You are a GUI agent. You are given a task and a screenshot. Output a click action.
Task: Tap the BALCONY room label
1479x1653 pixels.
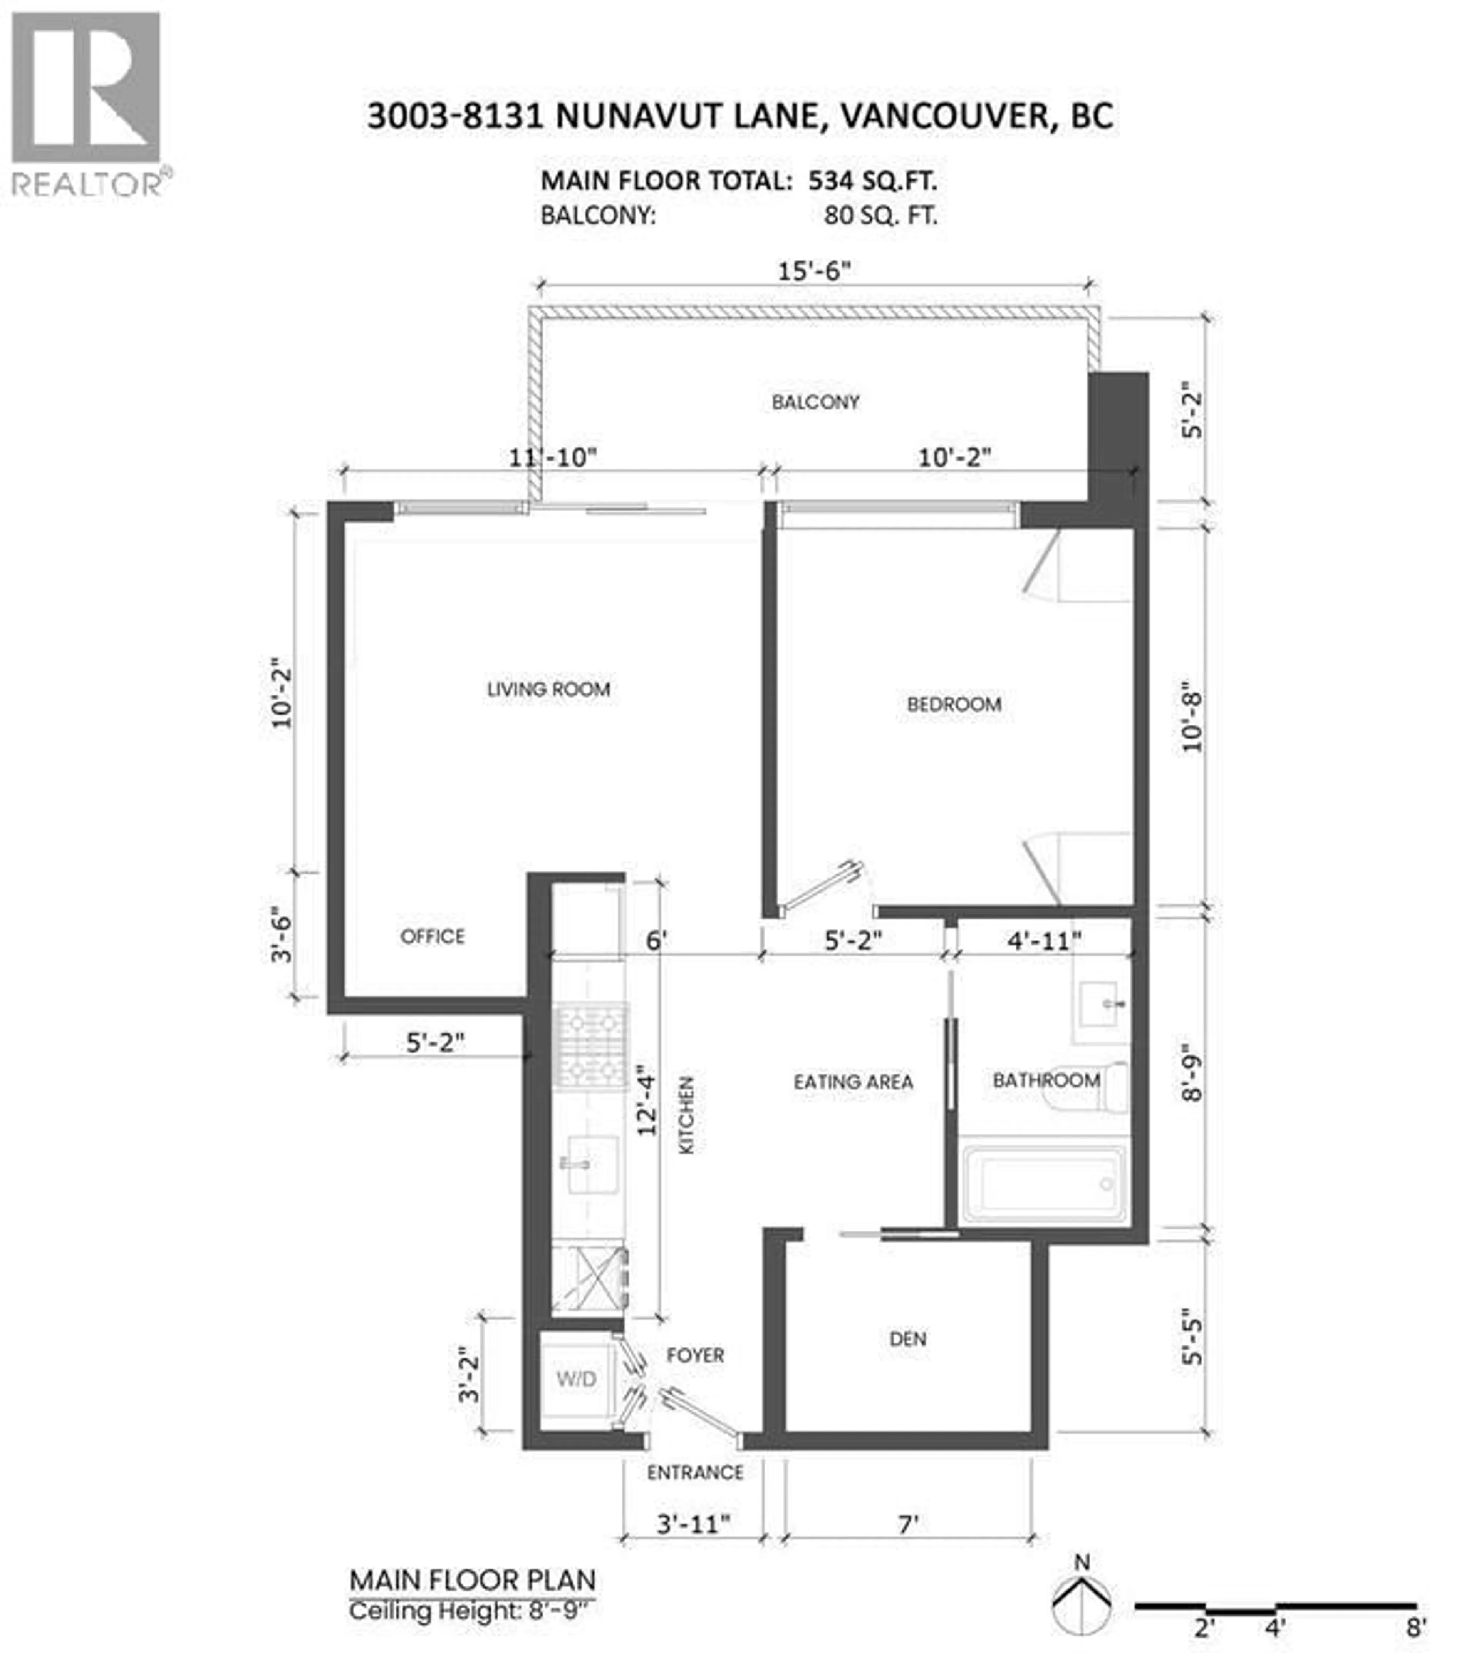(815, 402)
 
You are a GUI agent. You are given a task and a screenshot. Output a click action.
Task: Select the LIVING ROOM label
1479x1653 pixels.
(548, 690)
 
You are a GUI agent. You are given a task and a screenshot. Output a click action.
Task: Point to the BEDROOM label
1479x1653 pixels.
(954, 704)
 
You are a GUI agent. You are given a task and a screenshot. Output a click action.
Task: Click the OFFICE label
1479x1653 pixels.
(432, 936)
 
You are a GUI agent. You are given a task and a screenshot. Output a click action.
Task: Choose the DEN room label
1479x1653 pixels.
(908, 1339)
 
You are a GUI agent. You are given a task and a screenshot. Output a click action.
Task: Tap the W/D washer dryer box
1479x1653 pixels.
(576, 1378)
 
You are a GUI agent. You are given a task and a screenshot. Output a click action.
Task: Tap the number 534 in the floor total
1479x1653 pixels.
(831, 180)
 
